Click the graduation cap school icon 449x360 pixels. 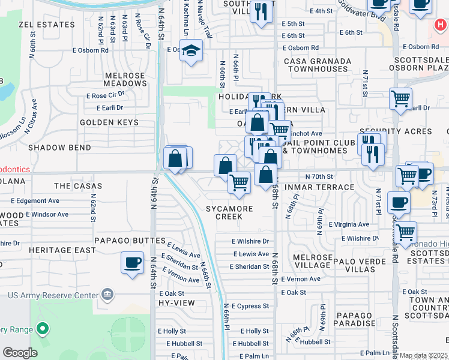[x=191, y=51]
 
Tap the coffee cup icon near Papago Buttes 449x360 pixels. [x=132, y=262]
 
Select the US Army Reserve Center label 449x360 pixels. [x=53, y=295]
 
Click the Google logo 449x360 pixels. [x=20, y=353]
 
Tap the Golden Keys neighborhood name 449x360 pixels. [x=109, y=122]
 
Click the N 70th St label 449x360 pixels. [x=319, y=176]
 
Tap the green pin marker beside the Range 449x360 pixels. [x=42, y=328]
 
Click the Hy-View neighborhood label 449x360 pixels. [x=176, y=303]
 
